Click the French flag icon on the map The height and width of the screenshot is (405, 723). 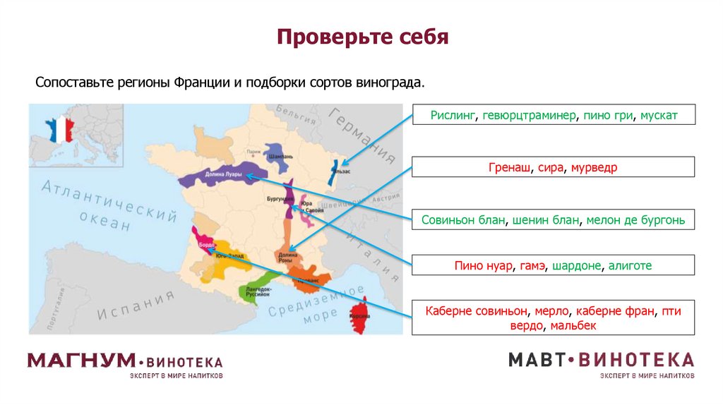tap(60, 130)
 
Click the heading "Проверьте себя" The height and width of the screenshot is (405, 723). tap(362, 37)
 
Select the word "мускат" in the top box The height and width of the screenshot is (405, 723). tap(659, 115)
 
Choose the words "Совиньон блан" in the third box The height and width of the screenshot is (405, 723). tap(463, 220)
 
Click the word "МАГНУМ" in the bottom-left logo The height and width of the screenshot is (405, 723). tap(81, 361)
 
